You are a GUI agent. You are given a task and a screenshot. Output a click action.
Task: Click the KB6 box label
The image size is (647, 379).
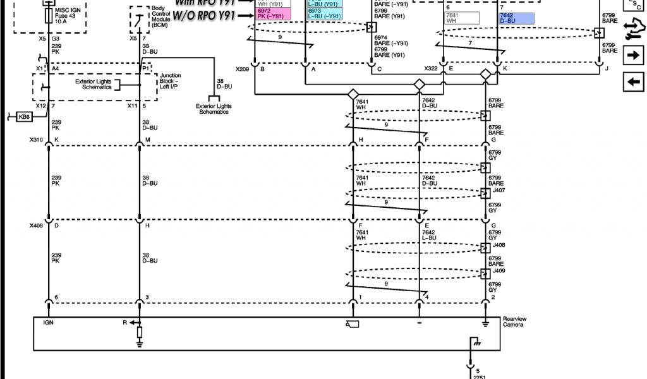point(25,116)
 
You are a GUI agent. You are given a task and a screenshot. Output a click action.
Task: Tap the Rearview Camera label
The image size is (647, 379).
point(514,322)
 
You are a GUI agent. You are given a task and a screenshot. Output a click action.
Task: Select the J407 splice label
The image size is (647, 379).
point(498,190)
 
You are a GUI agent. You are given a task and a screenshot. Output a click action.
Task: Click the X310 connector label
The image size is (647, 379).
point(35,139)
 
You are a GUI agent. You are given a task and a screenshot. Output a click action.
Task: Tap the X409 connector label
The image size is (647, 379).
point(35,225)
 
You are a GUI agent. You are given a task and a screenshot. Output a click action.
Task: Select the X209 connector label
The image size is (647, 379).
point(243,68)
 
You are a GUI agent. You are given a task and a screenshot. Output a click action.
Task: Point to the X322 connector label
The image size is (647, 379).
point(432,68)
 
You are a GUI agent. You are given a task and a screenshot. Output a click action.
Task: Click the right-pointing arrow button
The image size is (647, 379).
point(632,56)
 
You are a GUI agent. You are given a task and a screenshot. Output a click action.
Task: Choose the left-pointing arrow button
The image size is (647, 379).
point(632,81)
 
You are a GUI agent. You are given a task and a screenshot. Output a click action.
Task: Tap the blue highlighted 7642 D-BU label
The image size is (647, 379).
point(516,18)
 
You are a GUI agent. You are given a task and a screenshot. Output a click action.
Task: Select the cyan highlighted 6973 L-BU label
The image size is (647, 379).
point(323,14)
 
